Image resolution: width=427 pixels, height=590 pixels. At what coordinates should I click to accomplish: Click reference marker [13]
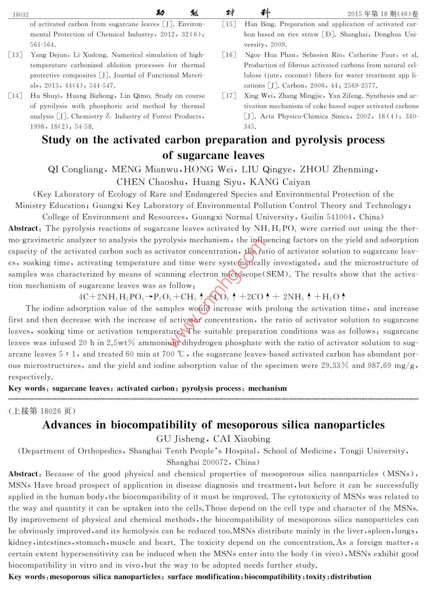click(15, 55)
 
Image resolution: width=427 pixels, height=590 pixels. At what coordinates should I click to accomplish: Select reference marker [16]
click(229, 55)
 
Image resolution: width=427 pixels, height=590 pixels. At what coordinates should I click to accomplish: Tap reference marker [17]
click(229, 96)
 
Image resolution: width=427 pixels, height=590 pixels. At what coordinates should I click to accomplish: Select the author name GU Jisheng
click(180, 439)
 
